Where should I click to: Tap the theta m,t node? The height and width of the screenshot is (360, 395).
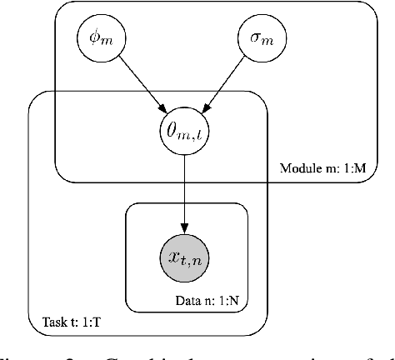186,128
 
